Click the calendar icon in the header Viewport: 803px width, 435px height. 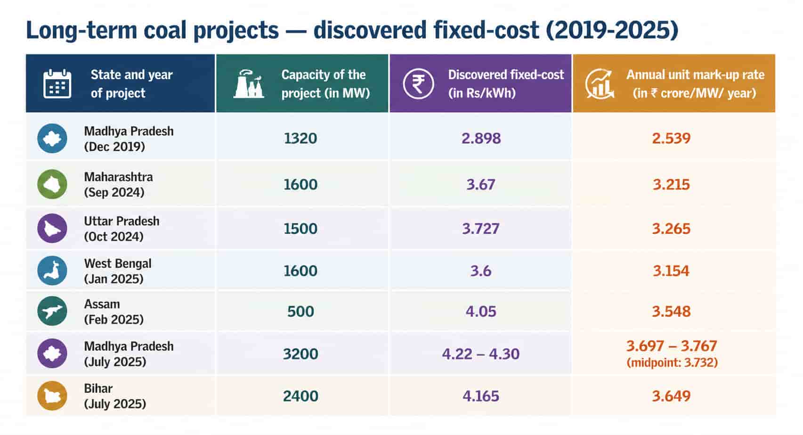57,83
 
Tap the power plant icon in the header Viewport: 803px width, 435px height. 249,83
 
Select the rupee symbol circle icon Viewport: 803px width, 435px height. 418,83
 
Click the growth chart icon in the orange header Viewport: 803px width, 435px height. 600,83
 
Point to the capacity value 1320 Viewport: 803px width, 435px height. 300,139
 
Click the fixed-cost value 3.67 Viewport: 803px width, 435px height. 481,184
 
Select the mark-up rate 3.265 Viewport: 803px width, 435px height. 671,229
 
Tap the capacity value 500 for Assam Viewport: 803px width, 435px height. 300,311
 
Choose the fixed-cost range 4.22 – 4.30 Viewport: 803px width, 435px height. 481,354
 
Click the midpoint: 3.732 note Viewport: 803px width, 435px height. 672,362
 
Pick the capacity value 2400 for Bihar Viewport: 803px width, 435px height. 300,396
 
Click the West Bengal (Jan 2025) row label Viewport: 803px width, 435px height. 118,271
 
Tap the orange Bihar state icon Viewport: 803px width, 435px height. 52,396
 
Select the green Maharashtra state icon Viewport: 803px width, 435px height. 52,184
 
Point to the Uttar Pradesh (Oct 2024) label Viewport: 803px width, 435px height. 122,229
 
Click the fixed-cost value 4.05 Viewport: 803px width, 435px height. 481,311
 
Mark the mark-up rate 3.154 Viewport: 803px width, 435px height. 671,271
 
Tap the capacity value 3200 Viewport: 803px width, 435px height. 300,354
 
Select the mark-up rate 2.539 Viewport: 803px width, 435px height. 671,139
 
